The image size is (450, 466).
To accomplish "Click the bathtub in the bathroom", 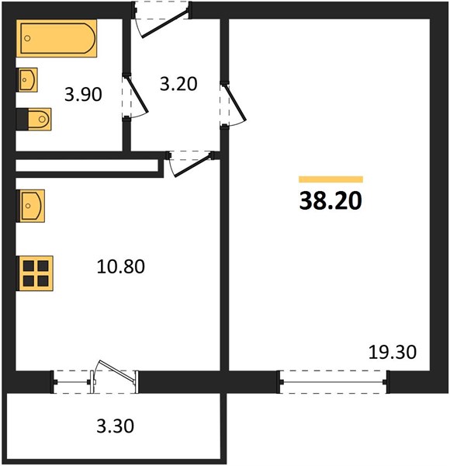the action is click(x=57, y=38).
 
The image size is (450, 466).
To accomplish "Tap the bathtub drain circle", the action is click(x=28, y=38).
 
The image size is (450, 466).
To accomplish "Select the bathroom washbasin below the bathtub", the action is click(x=27, y=80).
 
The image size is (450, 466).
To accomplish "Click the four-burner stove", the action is click(x=36, y=273).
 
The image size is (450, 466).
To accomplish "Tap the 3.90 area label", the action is click(x=83, y=95).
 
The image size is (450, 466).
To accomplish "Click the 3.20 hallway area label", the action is click(x=178, y=84).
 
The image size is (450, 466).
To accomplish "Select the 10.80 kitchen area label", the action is click(x=120, y=266).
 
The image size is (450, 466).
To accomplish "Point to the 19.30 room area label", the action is click(x=393, y=352).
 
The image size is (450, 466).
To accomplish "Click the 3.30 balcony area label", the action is click(x=115, y=426).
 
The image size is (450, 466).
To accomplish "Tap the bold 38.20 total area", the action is click(x=331, y=200).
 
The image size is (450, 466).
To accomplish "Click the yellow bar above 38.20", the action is click(x=331, y=179).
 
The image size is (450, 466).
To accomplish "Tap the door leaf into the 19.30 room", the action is click(x=235, y=103).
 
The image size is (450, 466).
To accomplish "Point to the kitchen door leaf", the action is click(x=193, y=165).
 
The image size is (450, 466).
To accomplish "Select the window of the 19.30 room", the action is click(x=333, y=382).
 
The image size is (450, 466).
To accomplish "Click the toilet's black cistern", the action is click(x=22, y=119).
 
